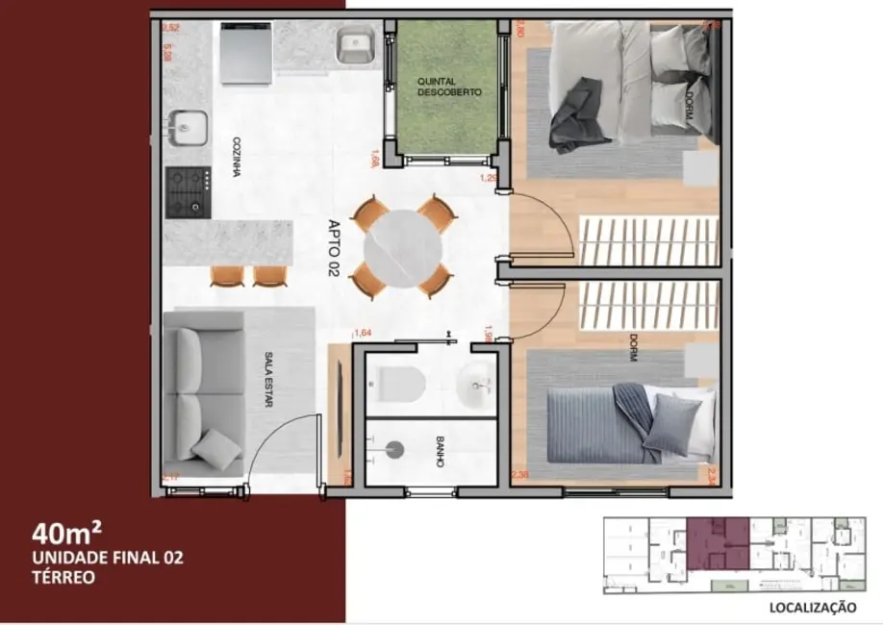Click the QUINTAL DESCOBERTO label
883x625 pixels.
[x=449, y=87]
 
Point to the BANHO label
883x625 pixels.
[x=439, y=452]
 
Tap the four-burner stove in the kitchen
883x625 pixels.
[x=188, y=189]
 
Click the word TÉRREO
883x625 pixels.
[x=63, y=578]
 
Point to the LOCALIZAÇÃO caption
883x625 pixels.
[x=812, y=607]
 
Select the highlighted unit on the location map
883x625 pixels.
[x=718, y=544]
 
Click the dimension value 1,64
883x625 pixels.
[x=363, y=334]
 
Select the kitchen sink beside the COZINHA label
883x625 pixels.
[x=189, y=127]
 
